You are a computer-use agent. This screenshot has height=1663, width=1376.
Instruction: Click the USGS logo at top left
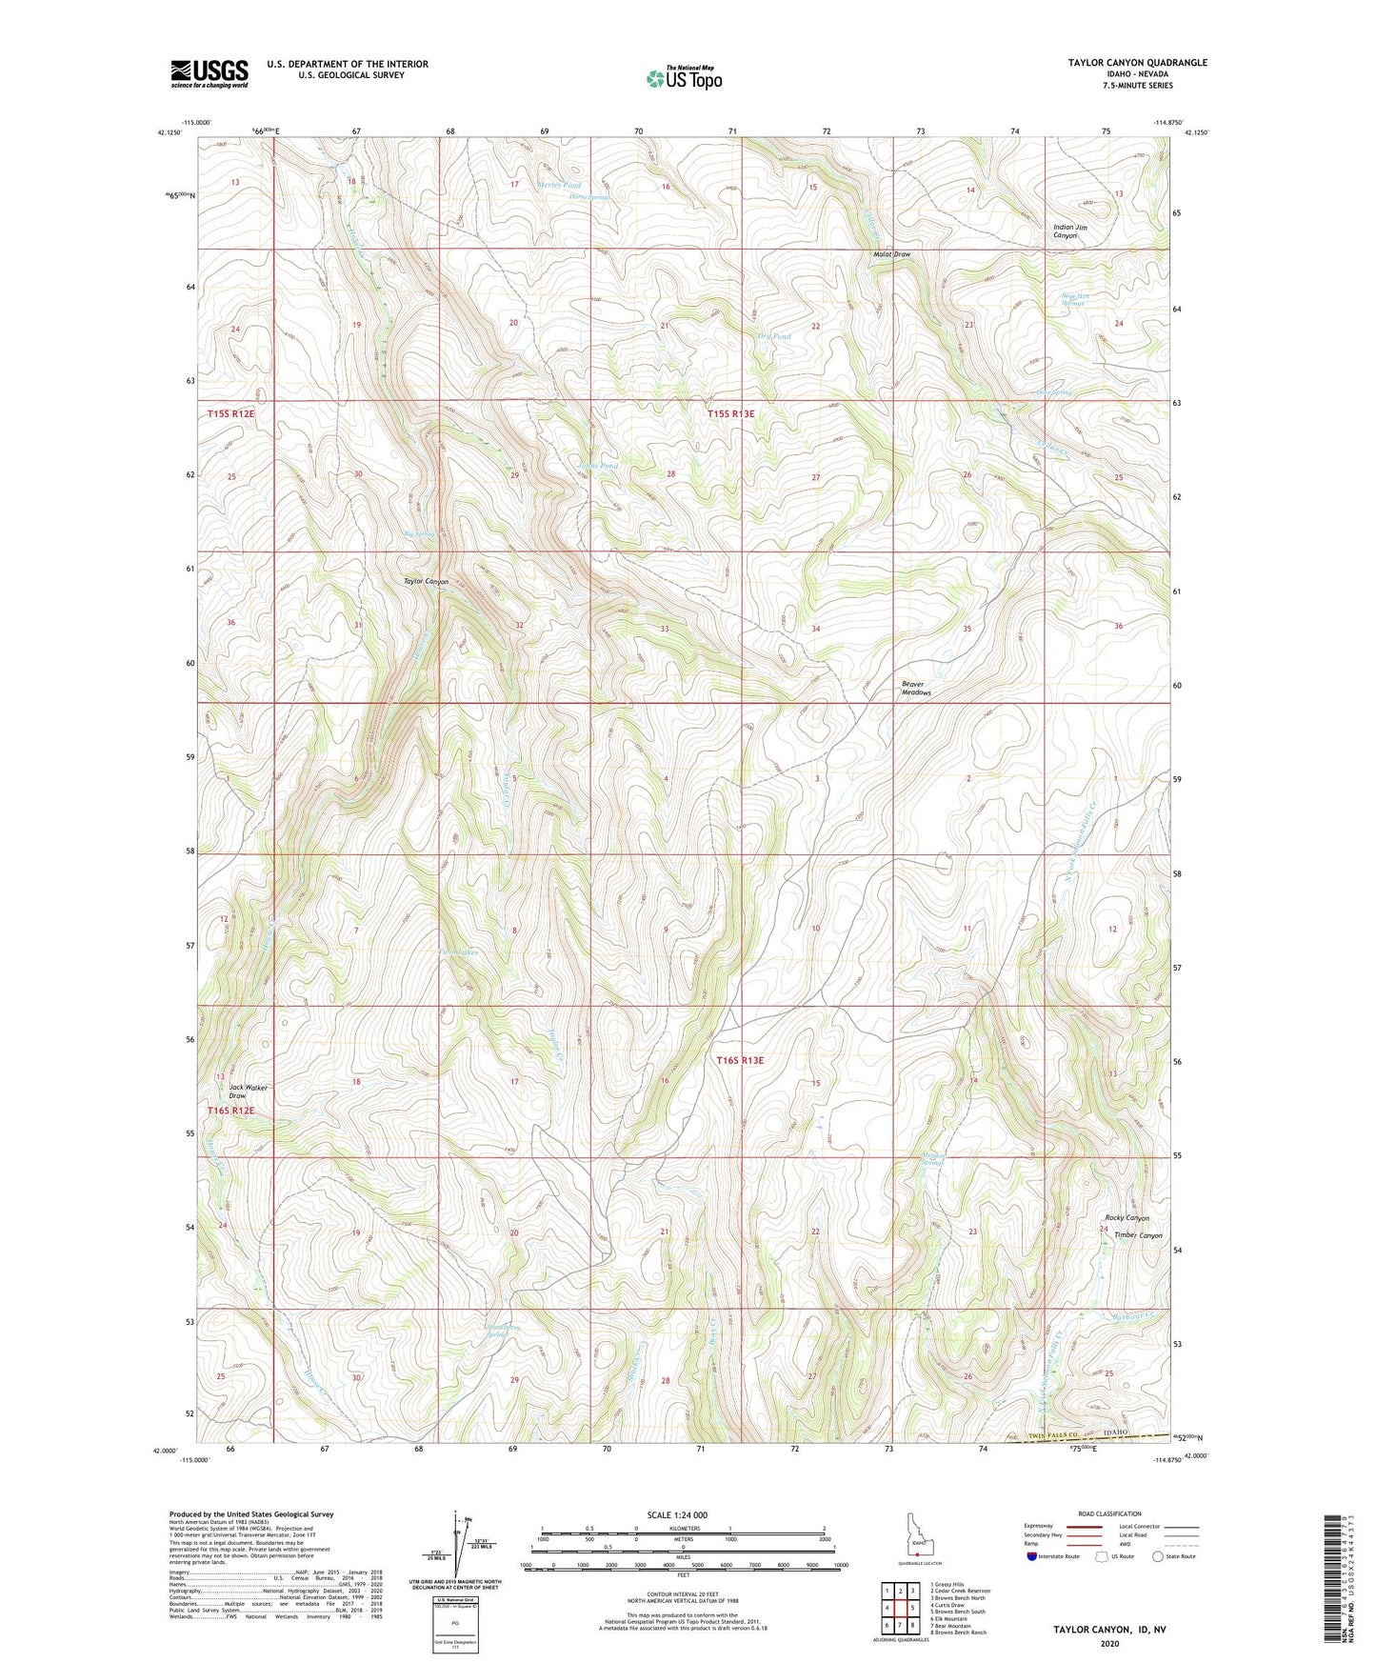coord(209,72)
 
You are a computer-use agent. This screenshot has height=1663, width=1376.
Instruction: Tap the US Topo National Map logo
coord(683,77)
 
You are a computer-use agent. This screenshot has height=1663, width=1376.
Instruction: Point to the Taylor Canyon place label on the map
coord(426,581)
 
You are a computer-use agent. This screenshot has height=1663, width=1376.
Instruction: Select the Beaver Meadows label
coord(915,689)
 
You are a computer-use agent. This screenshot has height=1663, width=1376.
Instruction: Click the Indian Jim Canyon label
coord(1069,231)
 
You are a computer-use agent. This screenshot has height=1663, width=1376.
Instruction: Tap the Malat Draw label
coord(892,254)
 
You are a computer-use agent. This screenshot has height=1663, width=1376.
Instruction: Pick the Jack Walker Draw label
coord(249,1092)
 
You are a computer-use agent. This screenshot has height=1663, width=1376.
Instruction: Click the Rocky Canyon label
coord(1127,1218)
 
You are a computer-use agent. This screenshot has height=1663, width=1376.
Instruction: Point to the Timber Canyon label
coord(1138,1235)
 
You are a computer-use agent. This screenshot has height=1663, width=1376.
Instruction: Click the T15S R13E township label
coord(730,413)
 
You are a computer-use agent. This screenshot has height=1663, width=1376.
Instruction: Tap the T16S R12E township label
coord(231,1111)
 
